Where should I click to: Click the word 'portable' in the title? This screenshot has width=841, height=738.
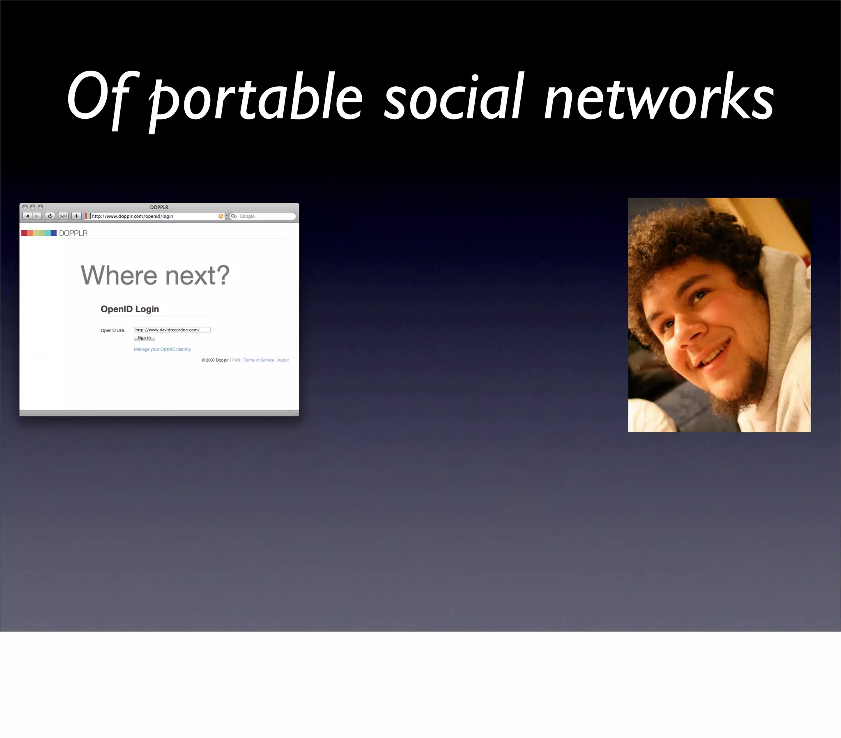pyautogui.click(x=255, y=99)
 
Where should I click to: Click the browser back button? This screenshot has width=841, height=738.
pyautogui.click(x=27, y=216)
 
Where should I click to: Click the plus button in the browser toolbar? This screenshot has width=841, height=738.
pyautogui.click(x=76, y=216)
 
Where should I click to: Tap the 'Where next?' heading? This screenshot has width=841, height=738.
pyautogui.click(x=155, y=275)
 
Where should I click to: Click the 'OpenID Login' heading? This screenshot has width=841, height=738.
pyautogui.click(x=130, y=309)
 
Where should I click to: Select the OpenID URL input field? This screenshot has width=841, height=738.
pyautogui.click(x=172, y=330)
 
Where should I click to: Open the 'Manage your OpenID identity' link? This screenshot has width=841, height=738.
pyautogui.click(x=162, y=349)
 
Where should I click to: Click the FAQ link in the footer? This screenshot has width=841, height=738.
pyautogui.click(x=236, y=360)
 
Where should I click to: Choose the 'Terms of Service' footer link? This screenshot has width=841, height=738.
pyautogui.click(x=258, y=360)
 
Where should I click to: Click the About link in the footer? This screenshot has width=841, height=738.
pyautogui.click(x=283, y=360)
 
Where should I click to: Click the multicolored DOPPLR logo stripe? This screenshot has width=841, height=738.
pyautogui.click(x=39, y=233)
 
